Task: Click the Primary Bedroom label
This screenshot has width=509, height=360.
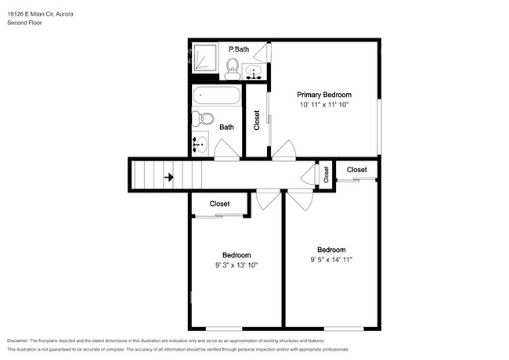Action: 324,95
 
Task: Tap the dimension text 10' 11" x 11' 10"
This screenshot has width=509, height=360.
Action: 324,105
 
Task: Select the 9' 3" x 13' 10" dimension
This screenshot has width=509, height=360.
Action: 236,265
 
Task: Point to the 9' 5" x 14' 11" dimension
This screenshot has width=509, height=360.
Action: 331,260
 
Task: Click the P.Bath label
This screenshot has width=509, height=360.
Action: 239,49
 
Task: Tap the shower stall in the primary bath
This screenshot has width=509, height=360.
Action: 205,58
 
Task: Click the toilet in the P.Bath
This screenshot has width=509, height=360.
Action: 232,69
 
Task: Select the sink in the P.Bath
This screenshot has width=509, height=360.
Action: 254,72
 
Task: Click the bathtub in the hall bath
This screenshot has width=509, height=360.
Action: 216,95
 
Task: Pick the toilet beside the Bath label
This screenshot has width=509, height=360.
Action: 203,119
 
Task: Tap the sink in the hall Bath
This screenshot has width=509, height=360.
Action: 200,144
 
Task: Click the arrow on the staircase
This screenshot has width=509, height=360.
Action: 169,178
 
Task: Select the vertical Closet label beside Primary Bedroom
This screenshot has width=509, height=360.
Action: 257,120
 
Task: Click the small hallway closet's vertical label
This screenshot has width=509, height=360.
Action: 327,175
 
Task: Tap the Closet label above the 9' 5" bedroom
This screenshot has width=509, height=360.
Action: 357,170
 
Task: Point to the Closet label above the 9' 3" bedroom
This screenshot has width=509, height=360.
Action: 219,203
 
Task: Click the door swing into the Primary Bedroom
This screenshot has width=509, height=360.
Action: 283,149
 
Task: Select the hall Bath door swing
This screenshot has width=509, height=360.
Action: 226,149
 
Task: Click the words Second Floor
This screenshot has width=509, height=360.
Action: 24,23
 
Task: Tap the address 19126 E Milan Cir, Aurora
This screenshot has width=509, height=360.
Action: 40,14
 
